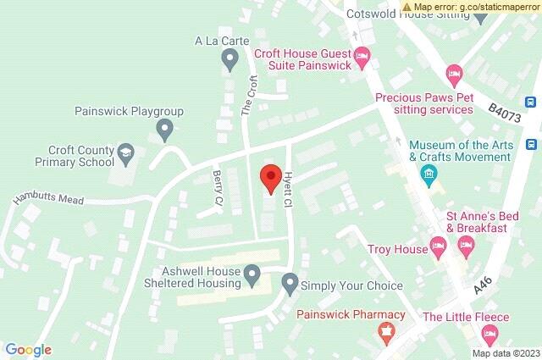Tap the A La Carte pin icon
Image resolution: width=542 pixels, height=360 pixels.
pyautogui.click(x=228, y=59)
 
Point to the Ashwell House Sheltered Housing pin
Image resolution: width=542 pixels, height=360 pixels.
pyautogui.click(x=252, y=274)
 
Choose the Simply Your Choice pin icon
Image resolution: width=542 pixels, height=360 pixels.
pyautogui.click(x=290, y=281)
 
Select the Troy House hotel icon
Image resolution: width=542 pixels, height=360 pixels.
pyautogui.click(x=438, y=248)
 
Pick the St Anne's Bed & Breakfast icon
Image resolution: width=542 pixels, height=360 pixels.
pyautogui.click(x=465, y=246)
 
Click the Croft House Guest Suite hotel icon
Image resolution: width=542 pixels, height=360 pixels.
pyautogui.click(x=362, y=58)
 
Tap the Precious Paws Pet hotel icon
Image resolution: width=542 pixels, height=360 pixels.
pyautogui.click(x=454, y=75)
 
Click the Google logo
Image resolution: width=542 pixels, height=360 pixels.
pyautogui.click(x=28, y=350)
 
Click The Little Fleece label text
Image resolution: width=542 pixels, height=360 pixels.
pyautogui.click(x=466, y=317)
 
